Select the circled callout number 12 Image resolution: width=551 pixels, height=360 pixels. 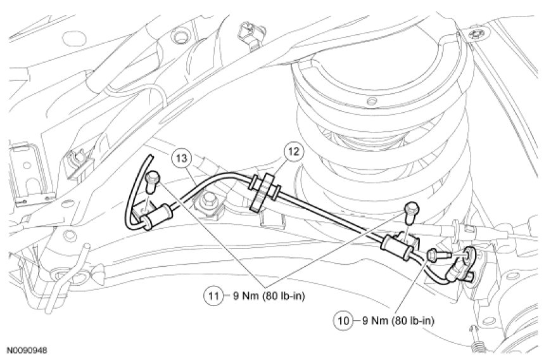pyautogui.click(x=294, y=151)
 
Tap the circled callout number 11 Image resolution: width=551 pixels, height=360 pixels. pyautogui.click(x=213, y=295)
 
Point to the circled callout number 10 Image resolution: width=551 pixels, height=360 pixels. pyautogui.click(x=343, y=320)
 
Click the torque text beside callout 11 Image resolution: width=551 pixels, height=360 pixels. pyautogui.click(x=269, y=296)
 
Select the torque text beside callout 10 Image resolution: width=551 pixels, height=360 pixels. pyautogui.click(x=398, y=320)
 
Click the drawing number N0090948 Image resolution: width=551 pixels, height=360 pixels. pyautogui.click(x=27, y=350)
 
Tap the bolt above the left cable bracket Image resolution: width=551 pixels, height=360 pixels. pyautogui.click(x=153, y=181)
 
